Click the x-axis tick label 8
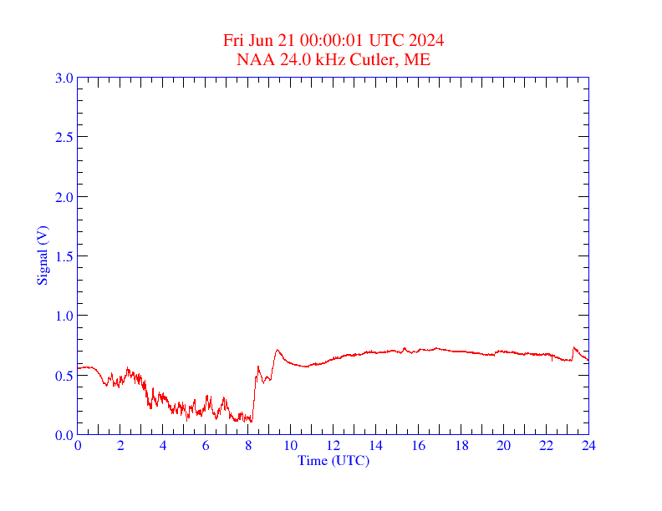(248, 445)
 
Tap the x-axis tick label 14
(376, 445)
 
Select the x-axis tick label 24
(588, 445)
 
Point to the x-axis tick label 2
(120, 445)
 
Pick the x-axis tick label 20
(503, 445)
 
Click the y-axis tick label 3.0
(64, 78)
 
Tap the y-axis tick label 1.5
(64, 256)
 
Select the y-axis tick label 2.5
(64, 137)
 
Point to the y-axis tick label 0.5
(64, 376)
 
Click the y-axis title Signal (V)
(43, 255)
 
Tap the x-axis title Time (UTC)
(334, 460)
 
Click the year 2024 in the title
(426, 41)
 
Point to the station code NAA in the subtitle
(254, 59)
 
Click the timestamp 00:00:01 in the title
(318, 41)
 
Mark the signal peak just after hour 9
(277, 351)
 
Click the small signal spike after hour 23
(574, 347)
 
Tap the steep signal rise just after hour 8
(253, 397)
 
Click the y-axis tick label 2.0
(64, 197)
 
